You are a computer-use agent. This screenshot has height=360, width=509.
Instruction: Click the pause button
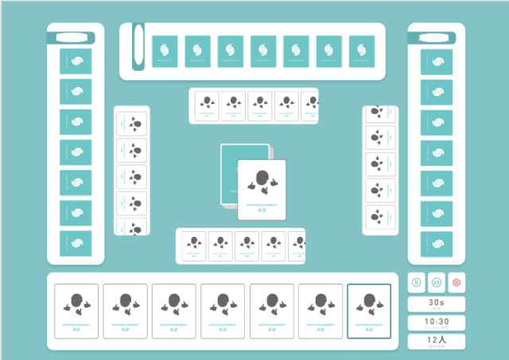pyautogui.click(x=417, y=282)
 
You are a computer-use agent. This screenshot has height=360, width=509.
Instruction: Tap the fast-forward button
pyautogui.click(x=437, y=282)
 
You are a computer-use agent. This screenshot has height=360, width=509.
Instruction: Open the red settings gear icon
pyautogui.click(x=457, y=282)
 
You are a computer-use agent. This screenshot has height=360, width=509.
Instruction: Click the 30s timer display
pyautogui.click(x=436, y=304)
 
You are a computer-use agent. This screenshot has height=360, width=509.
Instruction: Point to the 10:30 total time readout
pyautogui.click(x=436, y=323)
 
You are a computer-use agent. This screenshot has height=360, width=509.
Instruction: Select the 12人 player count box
pyautogui.click(x=436, y=341)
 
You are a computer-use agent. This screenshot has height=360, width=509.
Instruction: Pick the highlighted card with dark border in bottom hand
pyautogui.click(x=369, y=311)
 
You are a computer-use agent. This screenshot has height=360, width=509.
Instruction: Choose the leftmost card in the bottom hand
pyautogui.click(x=76, y=311)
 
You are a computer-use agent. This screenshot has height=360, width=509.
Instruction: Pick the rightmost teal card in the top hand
pyautogui.click(x=361, y=52)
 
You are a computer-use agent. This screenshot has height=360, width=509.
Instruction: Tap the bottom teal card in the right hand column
pyautogui.click(x=437, y=242)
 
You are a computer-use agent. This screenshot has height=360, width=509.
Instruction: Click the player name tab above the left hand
pyautogui.click(x=72, y=37)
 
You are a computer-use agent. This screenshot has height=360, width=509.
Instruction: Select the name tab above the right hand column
pyautogui.click(x=435, y=36)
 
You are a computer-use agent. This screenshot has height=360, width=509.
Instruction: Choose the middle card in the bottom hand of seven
pyautogui.click(x=223, y=311)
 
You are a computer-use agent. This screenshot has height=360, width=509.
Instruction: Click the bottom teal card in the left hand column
pyautogui.click(x=76, y=243)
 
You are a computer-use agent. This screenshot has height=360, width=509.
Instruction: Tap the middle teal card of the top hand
pyautogui.click(x=263, y=52)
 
